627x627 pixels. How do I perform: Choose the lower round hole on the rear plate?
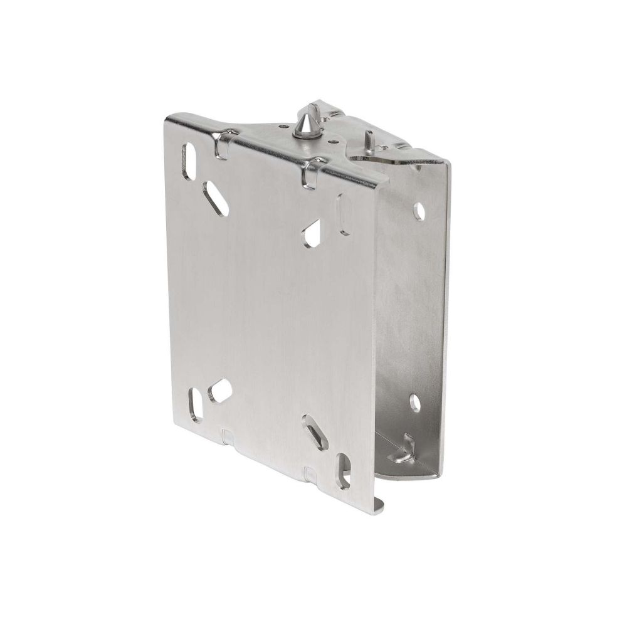414,400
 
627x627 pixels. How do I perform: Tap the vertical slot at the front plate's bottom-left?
196,404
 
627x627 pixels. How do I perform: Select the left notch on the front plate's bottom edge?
228,435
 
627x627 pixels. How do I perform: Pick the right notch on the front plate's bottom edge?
310,471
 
